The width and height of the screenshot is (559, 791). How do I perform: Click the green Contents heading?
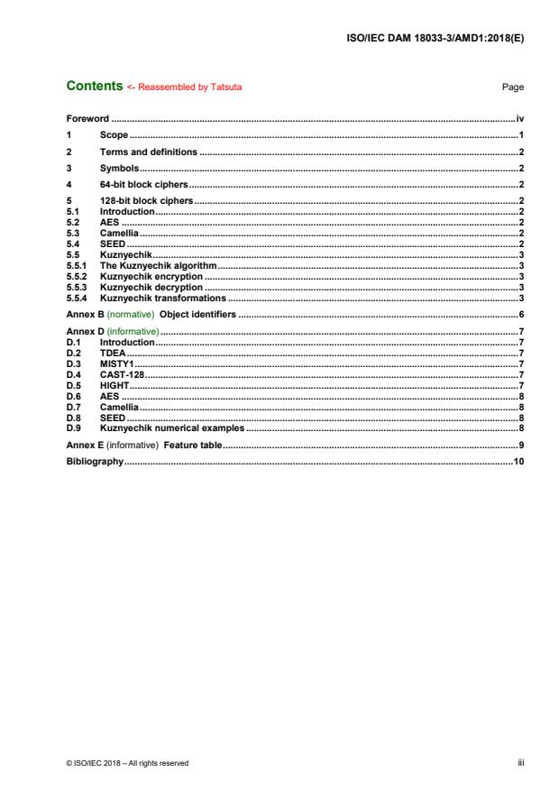point(95,87)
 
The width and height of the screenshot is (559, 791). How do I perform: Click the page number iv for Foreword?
point(520,118)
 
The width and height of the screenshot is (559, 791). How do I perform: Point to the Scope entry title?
point(114,134)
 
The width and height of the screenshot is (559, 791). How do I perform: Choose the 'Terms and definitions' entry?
point(148,152)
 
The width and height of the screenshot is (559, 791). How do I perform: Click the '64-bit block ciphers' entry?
point(143,184)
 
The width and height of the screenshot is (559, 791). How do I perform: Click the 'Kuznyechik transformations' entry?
point(162,298)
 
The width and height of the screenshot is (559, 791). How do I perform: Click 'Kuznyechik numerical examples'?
point(171,428)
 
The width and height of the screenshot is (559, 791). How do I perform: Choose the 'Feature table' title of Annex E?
point(191,446)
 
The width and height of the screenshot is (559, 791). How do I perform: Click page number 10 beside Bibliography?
point(518,462)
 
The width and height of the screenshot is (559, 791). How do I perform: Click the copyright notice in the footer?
point(127,763)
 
